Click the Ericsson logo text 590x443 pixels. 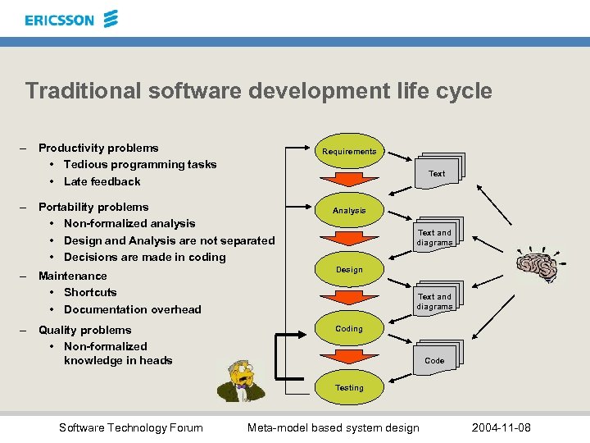point(59,20)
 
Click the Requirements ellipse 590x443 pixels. point(349,151)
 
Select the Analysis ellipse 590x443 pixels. point(349,211)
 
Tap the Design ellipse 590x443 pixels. point(349,269)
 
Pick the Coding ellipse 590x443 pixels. point(349,329)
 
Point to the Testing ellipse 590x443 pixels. point(349,387)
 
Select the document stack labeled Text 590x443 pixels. point(438,171)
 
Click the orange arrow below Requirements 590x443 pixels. point(349,180)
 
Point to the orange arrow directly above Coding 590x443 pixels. point(349,299)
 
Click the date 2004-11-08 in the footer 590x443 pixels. point(501,427)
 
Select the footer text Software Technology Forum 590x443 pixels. point(131,427)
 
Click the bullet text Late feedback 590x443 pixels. point(102,181)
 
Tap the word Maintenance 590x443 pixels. point(72,276)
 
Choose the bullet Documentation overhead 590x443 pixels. point(132,309)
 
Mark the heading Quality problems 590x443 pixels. point(84,330)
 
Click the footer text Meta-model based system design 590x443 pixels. point(333,427)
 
